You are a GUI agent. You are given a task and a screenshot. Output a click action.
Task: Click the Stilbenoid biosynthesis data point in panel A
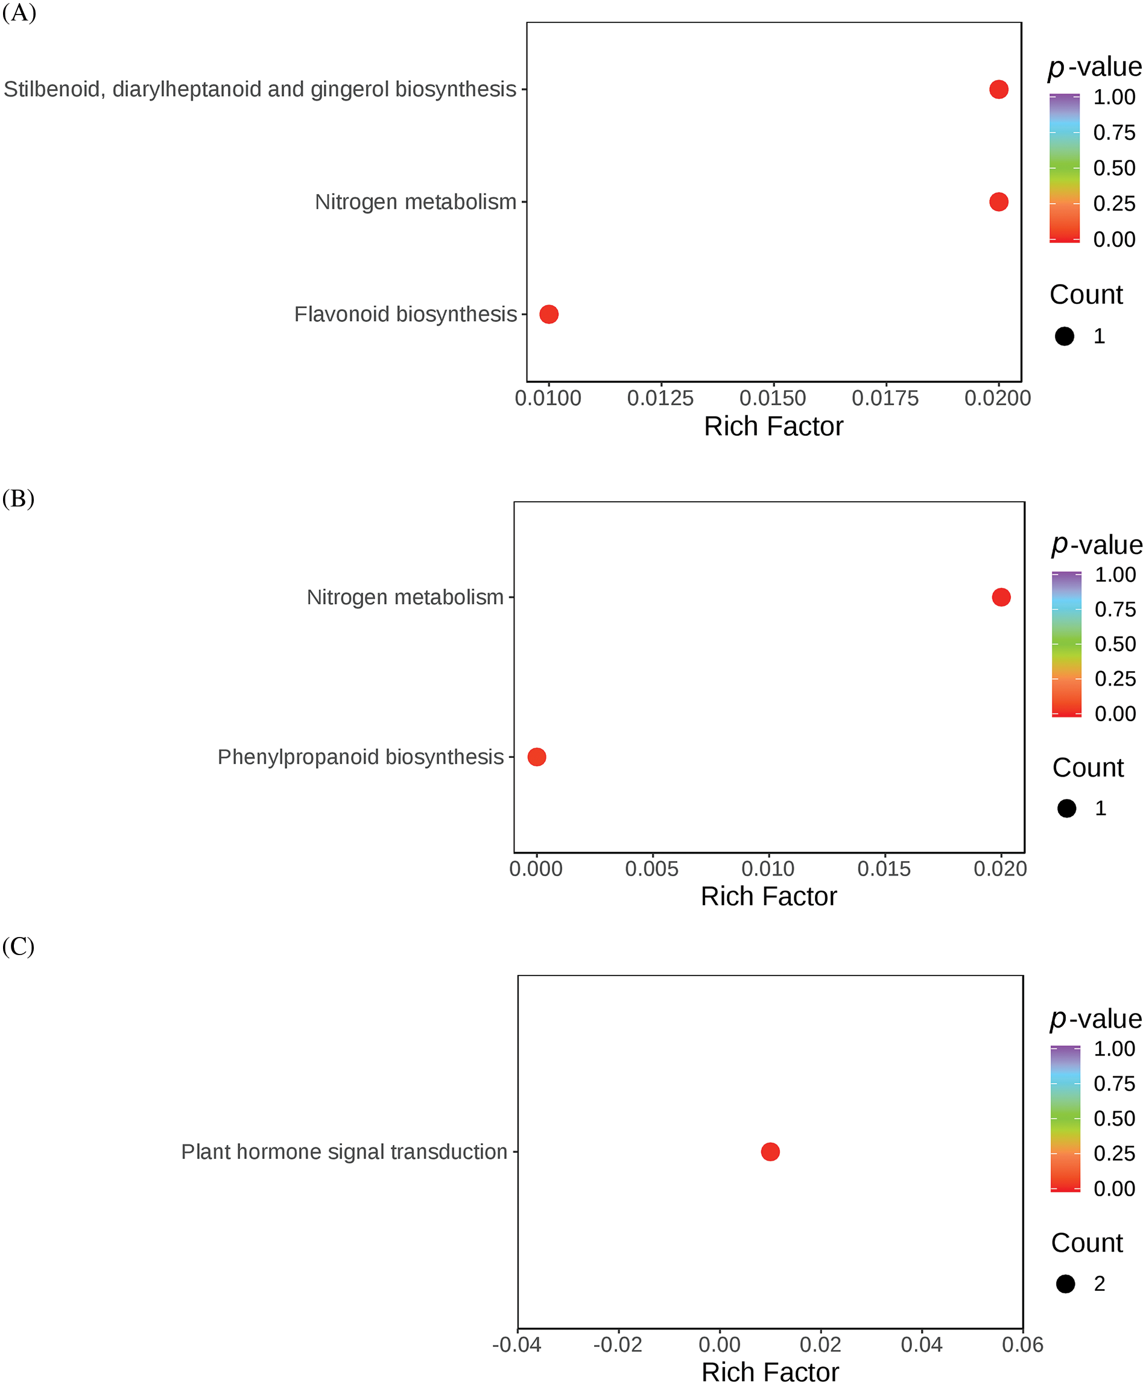[998, 89]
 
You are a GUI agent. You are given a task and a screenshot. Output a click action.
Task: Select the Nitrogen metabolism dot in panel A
[998, 202]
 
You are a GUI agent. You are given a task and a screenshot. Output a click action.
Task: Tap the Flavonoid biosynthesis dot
[549, 314]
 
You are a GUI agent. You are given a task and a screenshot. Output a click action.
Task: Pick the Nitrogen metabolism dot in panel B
[1001, 597]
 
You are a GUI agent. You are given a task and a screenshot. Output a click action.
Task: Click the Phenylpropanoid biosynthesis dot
[536, 757]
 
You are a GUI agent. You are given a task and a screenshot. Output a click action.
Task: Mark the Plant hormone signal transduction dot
[770, 1152]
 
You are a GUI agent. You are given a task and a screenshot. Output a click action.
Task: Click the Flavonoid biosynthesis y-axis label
[405, 314]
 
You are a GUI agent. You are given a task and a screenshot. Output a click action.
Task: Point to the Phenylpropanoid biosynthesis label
[360, 757]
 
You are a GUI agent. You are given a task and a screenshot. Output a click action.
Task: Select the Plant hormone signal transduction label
[344, 1152]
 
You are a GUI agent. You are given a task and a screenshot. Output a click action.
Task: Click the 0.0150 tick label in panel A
[773, 398]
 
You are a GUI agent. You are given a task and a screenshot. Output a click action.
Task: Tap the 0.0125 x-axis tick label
[660, 398]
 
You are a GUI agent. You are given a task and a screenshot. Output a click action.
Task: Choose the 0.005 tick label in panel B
[652, 869]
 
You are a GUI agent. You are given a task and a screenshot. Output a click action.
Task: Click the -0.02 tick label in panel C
[618, 1344]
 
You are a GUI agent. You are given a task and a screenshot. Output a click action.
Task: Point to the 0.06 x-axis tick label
[1022, 1344]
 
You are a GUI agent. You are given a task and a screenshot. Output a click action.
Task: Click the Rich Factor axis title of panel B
[768, 896]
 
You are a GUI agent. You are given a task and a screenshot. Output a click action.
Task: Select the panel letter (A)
[19, 13]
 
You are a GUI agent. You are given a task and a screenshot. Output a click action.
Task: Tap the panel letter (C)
[19, 947]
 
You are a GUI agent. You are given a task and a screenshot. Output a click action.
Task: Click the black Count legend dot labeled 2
[1066, 1284]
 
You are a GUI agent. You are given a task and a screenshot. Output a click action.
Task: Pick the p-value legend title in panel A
[1095, 66]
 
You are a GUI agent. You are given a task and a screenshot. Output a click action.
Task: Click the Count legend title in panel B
[1088, 768]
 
